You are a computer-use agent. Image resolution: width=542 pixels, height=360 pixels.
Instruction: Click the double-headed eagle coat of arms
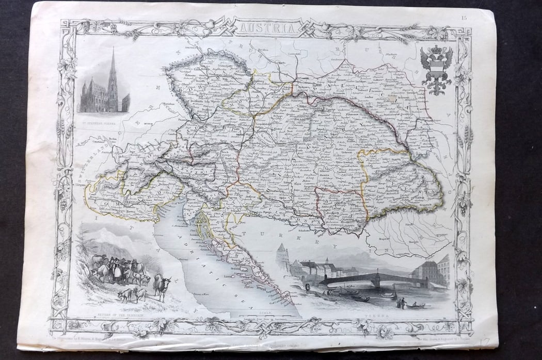(x=436, y=71)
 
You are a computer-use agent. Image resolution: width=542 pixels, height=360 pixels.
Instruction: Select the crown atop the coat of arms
(x=436, y=52)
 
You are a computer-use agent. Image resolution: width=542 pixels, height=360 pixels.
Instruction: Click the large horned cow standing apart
(x=162, y=286)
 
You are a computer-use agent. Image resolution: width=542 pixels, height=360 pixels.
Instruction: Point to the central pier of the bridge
(x=376, y=281)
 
